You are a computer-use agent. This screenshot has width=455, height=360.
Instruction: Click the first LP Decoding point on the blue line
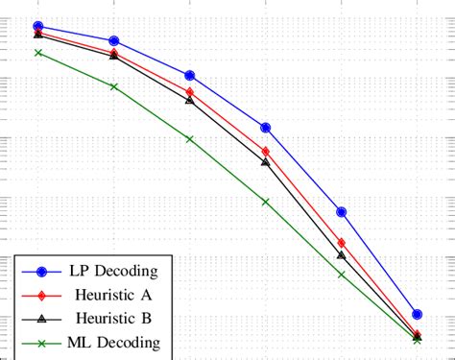[38, 27]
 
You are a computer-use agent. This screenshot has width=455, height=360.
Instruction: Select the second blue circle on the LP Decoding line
[114, 41]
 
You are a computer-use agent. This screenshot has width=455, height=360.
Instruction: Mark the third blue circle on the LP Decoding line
[190, 75]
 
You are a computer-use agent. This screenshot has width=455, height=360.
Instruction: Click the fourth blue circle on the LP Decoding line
[266, 128]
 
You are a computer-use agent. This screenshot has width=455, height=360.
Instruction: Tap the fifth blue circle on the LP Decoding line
[341, 211]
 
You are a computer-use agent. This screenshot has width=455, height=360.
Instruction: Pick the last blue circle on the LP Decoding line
[417, 314]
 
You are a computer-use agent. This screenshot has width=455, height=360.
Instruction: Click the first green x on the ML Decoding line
[38, 53]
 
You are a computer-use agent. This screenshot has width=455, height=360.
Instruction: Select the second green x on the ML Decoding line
[114, 86]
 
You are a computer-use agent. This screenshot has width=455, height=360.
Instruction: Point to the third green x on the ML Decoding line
[190, 139]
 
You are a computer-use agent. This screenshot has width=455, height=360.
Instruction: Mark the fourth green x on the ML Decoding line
[266, 202]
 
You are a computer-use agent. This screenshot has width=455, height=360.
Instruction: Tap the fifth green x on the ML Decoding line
[341, 275]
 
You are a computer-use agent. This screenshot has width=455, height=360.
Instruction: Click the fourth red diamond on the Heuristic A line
[266, 152]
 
